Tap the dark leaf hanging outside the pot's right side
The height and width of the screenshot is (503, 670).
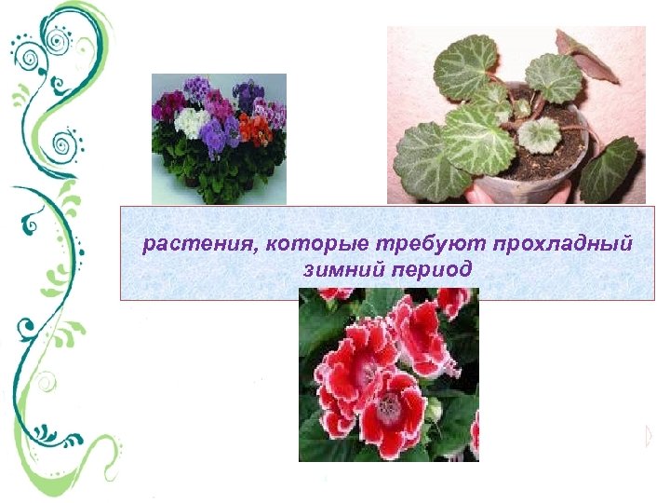point(609,164)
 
